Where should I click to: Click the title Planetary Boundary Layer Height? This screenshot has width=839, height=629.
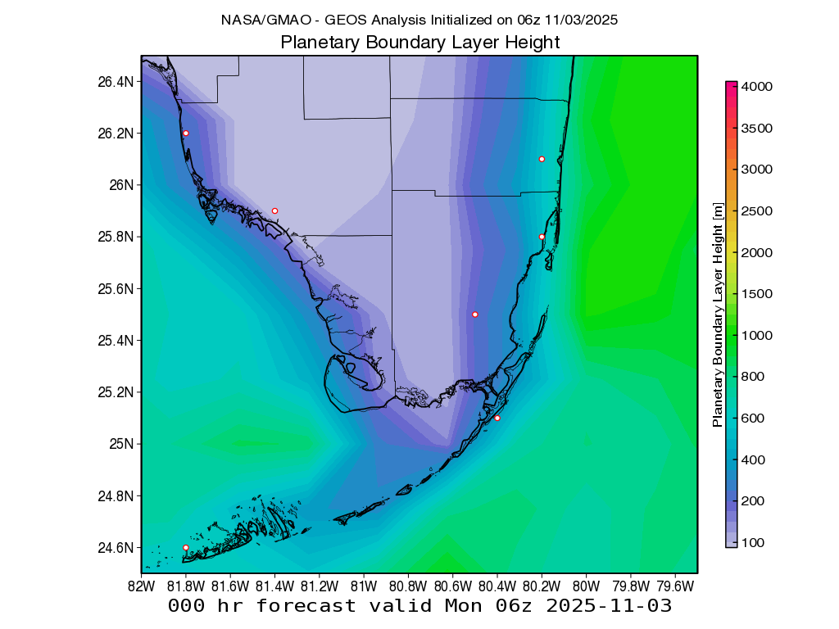419,43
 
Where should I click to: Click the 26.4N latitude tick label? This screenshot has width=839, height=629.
114,82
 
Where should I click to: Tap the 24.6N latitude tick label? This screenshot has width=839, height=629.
114,548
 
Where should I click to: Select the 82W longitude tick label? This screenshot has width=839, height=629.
142,586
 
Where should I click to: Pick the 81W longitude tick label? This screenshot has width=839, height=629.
363,586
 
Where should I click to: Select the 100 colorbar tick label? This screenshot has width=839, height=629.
753,542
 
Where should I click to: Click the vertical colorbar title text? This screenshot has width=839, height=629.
718,314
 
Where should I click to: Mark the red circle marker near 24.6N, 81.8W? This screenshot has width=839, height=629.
186,547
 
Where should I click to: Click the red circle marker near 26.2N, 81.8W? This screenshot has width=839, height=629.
186,133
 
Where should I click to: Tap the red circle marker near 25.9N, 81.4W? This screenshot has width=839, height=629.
274,210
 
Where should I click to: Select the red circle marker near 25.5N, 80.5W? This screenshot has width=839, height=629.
475,314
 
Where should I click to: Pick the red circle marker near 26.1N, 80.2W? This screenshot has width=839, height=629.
542,159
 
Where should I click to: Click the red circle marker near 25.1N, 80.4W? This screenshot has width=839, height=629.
497,418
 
